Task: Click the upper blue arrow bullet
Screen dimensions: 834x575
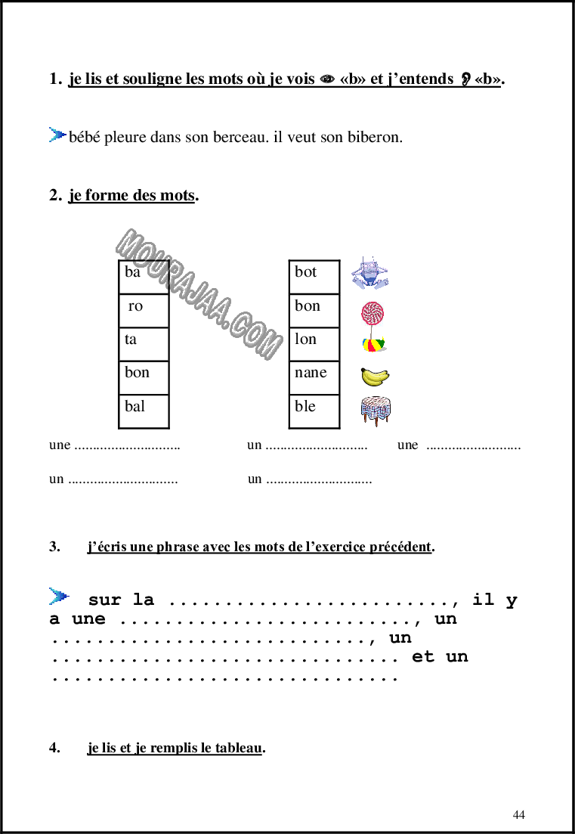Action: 57,135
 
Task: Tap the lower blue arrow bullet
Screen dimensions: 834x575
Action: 57,596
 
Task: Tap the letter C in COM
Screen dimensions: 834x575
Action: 240,326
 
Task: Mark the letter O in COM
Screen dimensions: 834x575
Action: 254,335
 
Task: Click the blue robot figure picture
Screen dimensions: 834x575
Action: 370,272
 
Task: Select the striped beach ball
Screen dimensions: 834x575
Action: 374,344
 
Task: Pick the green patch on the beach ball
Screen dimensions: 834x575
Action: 382,344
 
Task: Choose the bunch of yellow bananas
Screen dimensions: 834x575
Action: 375,377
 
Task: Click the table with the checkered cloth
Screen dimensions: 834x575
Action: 376,410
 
